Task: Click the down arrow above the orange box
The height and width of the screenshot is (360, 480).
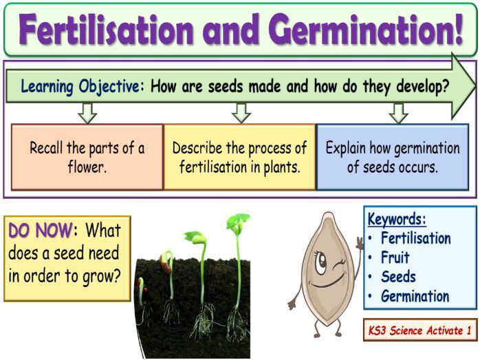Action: pos(87,112)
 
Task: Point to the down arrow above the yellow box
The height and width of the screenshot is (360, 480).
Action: pos(241,112)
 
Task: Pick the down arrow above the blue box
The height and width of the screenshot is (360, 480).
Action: pos(398,112)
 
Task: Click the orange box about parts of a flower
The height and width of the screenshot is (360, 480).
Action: pos(87,157)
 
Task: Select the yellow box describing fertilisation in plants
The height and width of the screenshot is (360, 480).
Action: pos(239,157)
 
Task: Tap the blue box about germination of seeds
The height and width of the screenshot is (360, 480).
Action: pos(393,157)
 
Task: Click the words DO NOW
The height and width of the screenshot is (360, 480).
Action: pos(40,231)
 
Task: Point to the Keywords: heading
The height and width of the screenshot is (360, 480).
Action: pos(397,220)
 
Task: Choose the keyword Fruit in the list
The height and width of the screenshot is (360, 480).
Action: pos(395,258)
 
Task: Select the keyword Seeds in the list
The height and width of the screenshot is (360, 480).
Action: pos(398,277)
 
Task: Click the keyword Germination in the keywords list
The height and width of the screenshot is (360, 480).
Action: pos(415,297)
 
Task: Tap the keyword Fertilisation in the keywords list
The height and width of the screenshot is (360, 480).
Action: pos(415,239)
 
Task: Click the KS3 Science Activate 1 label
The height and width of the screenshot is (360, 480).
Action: pos(419,330)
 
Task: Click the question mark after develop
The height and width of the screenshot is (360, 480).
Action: pos(446,87)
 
